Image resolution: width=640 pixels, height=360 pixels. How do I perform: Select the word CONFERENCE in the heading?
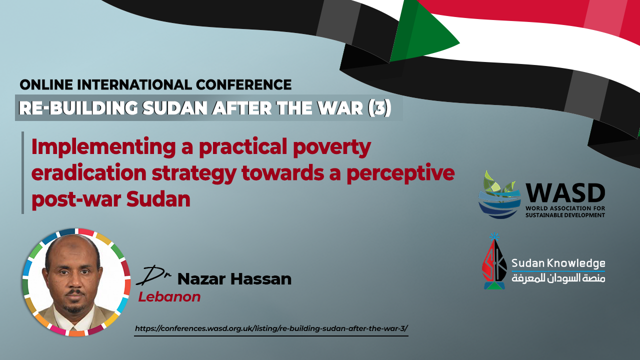pos(243,85)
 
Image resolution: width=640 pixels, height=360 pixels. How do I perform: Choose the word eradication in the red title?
pos(89,173)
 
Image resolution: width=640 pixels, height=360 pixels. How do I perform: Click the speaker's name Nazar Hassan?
pos(234,279)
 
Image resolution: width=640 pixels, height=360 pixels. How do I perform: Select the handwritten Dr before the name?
pos(153,275)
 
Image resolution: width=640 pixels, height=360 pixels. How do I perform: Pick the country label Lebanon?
pos(169,297)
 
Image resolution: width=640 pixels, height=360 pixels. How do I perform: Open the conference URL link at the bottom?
pos(271,328)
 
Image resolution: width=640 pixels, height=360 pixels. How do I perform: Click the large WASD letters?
pos(565,193)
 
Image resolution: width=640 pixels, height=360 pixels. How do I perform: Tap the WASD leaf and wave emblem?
pos(499,195)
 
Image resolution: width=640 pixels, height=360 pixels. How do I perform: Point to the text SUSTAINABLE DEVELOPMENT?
pos(565,215)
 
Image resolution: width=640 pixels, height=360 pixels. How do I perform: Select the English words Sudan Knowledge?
pos(558,263)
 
